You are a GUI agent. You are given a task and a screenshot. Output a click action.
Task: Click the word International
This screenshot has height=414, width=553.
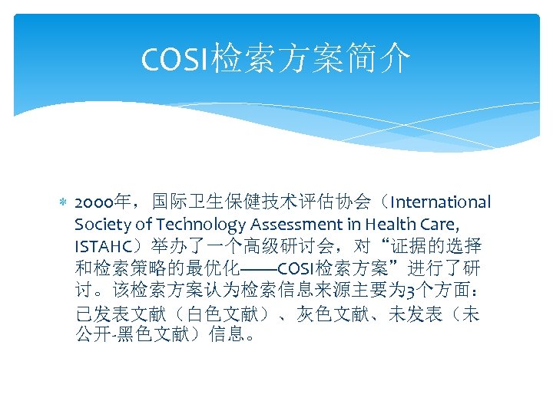441,202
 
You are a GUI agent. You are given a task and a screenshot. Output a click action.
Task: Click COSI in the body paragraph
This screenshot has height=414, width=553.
294,269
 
